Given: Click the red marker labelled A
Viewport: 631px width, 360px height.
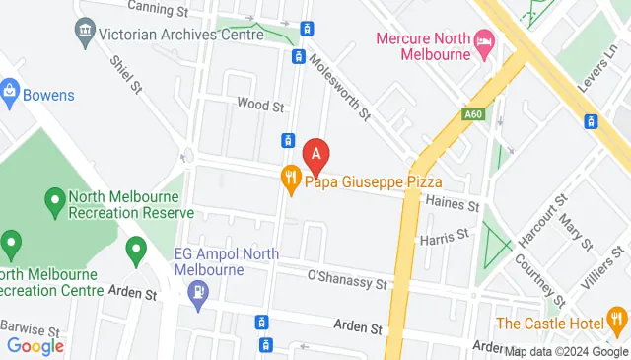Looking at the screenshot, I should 315,154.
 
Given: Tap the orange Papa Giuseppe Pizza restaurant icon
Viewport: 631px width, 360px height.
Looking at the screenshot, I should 290,180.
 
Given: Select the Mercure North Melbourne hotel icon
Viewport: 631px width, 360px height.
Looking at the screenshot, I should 484,40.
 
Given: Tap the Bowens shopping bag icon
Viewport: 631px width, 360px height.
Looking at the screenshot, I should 10,94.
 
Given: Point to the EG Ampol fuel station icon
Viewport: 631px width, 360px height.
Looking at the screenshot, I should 199,292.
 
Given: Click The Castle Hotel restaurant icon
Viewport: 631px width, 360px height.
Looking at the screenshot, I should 618,320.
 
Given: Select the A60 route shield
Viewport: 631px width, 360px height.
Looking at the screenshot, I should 473,114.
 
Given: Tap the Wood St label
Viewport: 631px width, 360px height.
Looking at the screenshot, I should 260,104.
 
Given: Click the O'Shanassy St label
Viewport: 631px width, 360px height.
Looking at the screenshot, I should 343,275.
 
